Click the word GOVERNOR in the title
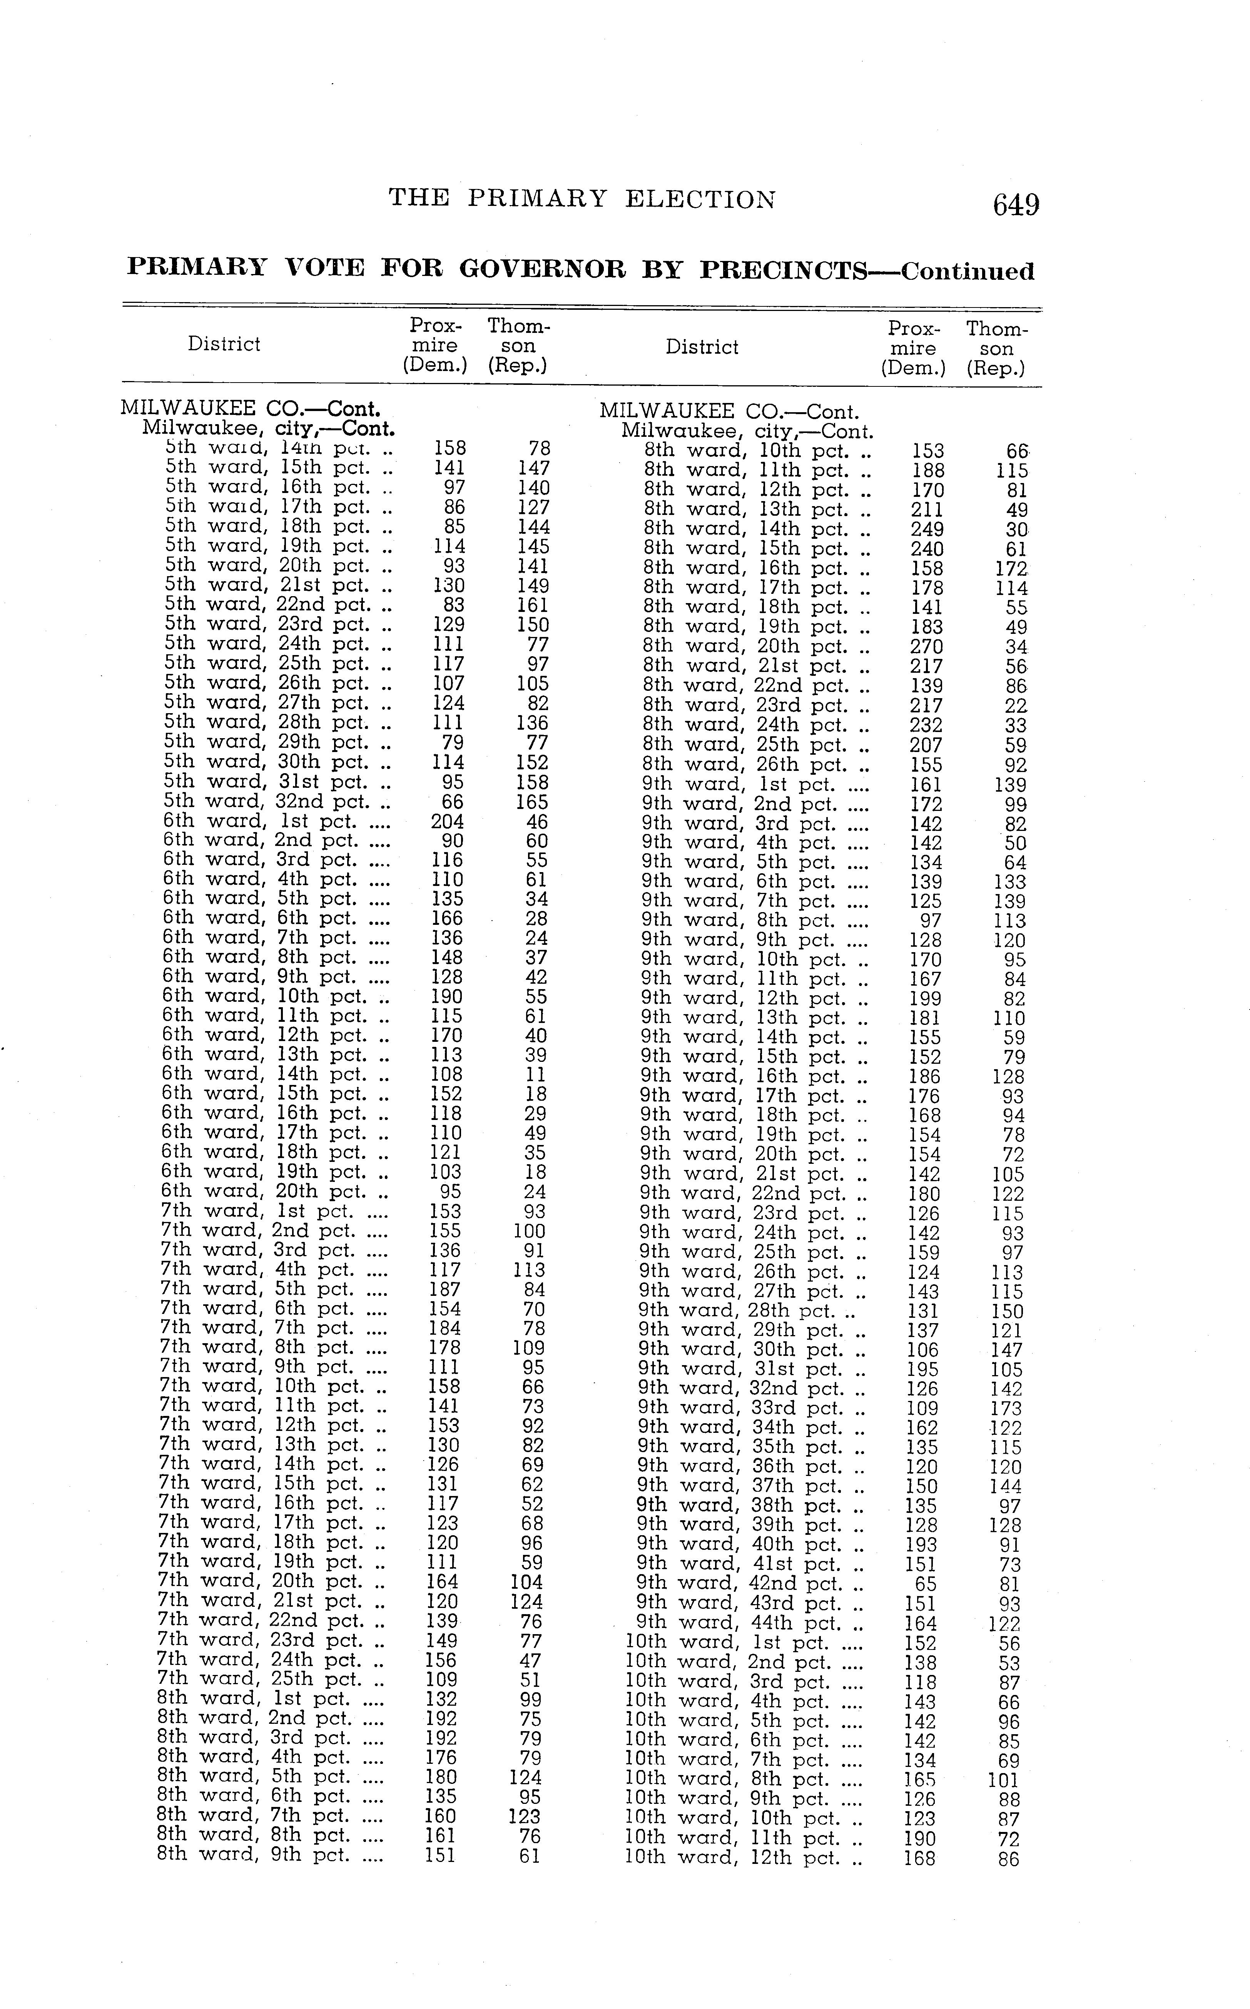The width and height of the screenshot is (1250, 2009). click(542, 269)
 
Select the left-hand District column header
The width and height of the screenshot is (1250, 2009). click(224, 344)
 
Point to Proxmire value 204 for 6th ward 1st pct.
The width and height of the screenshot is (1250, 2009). click(447, 822)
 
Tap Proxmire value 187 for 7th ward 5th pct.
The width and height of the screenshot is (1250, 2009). click(445, 1290)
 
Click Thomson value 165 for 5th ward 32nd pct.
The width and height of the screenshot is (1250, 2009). click(532, 802)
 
